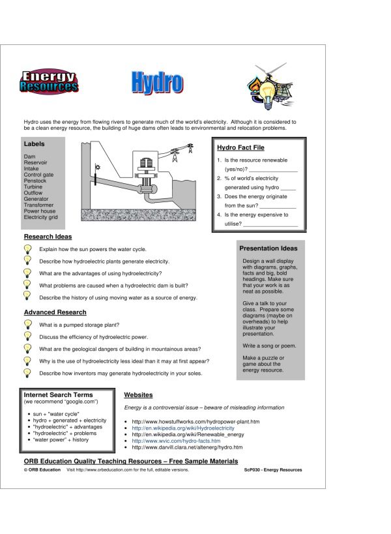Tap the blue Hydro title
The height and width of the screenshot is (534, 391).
click(x=156, y=82)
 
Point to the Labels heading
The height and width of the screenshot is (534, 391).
click(x=35, y=143)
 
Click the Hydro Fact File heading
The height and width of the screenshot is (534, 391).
click(x=240, y=148)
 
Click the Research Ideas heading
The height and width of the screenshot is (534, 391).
click(x=48, y=237)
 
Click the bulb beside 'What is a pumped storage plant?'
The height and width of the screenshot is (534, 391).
click(x=28, y=324)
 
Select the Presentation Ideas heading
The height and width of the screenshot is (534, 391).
click(x=268, y=248)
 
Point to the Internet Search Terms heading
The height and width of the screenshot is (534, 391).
click(x=58, y=394)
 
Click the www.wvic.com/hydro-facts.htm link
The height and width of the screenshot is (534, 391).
click(x=176, y=441)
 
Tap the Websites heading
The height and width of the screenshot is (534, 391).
click(x=138, y=394)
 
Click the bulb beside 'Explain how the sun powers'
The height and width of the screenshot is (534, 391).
click(x=28, y=249)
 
